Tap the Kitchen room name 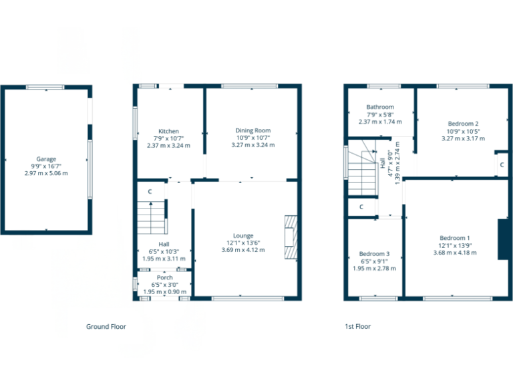[x=168, y=131]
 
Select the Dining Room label [x=252, y=130]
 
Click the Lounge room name [x=243, y=235]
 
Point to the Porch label [x=164, y=277]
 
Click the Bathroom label [x=379, y=107]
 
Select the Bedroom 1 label [x=455, y=238]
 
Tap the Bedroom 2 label [x=463, y=124]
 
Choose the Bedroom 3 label [x=374, y=254]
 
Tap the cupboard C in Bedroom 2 [x=500, y=164]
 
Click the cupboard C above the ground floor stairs [x=150, y=192]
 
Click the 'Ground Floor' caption [x=106, y=327]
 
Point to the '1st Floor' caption [x=357, y=327]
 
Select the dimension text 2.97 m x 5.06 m [x=45, y=173]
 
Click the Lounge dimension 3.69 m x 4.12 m [x=243, y=250]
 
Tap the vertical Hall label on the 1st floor [x=383, y=162]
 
